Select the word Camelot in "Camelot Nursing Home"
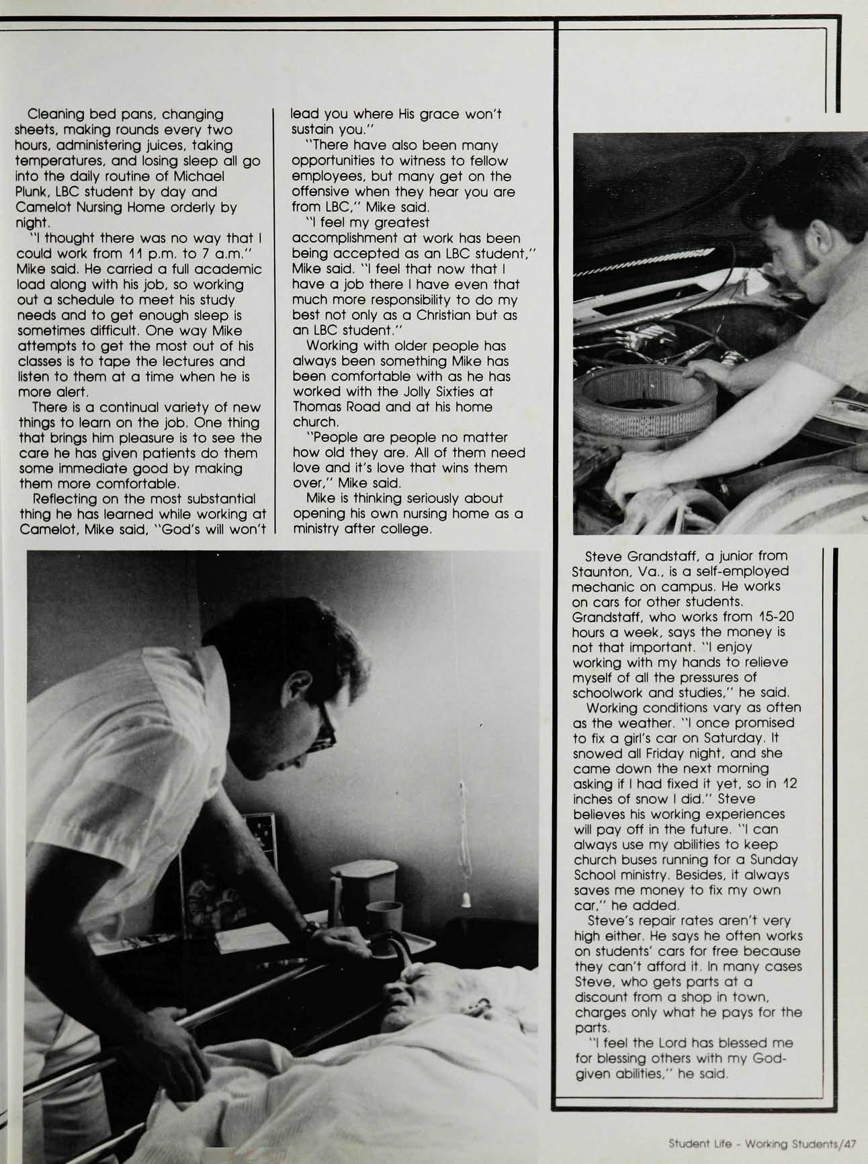42,208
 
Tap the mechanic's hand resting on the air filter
699,368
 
